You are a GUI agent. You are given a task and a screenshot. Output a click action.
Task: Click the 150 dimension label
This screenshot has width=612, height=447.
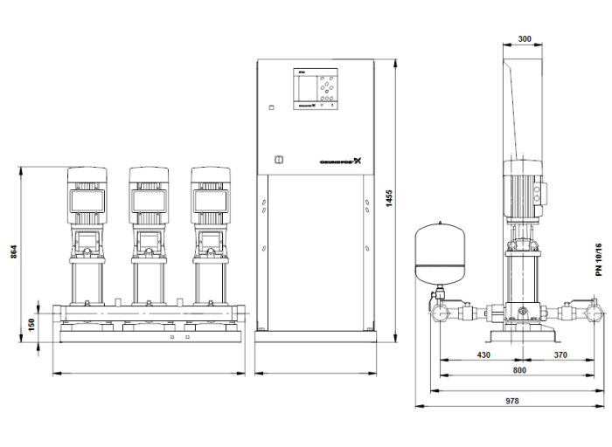click(x=31, y=324)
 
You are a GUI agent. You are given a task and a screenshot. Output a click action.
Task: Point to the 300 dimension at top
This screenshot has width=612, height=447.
click(x=525, y=38)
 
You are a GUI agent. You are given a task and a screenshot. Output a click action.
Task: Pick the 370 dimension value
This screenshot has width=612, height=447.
click(x=561, y=356)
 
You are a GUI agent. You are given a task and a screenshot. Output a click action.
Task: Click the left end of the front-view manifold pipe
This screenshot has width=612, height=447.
click(x=55, y=312)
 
